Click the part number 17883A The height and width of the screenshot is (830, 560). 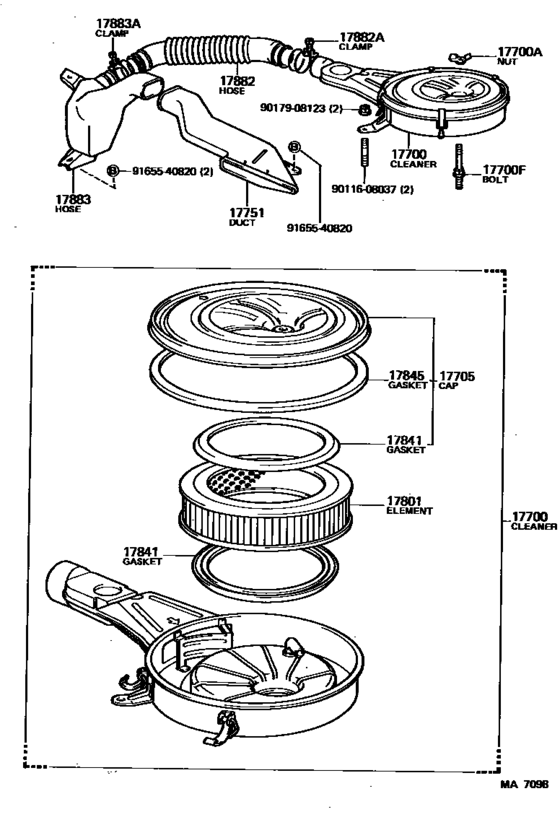118,24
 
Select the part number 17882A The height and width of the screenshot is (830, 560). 362,37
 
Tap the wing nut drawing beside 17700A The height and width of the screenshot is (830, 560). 458,57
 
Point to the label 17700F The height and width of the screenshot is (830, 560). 504,170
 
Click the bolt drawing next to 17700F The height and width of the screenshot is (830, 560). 458,166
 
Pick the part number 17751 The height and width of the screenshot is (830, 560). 247,213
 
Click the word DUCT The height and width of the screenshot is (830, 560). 242,223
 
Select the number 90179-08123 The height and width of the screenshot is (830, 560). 293,108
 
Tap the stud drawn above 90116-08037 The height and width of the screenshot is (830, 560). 364,152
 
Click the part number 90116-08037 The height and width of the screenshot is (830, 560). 364,189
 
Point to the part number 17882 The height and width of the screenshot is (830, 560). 238,81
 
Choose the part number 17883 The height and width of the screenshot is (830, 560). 73,200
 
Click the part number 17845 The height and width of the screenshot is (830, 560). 407,376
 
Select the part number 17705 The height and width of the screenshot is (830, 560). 457,376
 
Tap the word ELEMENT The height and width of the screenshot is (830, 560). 410,511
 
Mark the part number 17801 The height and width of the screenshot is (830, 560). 404,501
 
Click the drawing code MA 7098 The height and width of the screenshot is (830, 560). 524,784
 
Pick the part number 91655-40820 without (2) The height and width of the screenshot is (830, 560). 320,228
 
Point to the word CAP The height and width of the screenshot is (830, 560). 448,386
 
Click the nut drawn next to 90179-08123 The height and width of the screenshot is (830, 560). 364,110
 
